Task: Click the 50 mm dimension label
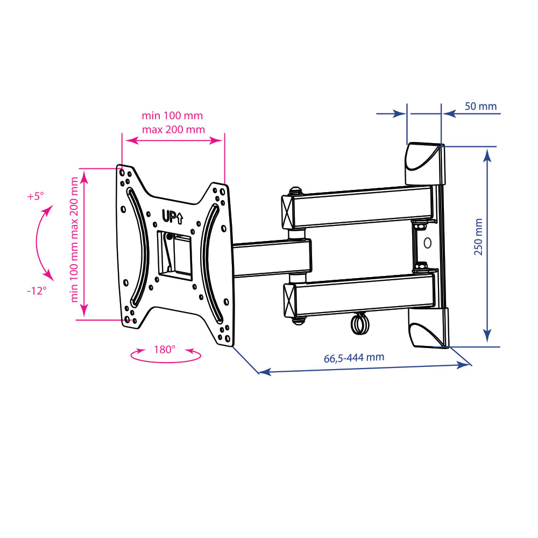[480, 107]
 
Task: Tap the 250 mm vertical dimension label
[478, 237]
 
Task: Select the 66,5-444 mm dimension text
[354, 358]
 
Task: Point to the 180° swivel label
[164, 350]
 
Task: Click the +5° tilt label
[36, 196]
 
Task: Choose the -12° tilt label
[37, 291]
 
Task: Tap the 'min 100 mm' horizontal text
[172, 116]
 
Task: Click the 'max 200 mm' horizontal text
[173, 130]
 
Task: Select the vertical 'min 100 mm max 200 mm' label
[74, 239]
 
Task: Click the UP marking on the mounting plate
[172, 217]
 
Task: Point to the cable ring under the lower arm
[359, 324]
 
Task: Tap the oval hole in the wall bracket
[427, 243]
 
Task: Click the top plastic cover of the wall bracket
[425, 164]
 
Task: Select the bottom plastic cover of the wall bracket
[428, 327]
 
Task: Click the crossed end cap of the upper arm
[287, 211]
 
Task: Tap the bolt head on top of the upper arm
[295, 191]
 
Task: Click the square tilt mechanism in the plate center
[175, 254]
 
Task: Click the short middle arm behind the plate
[272, 258]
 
